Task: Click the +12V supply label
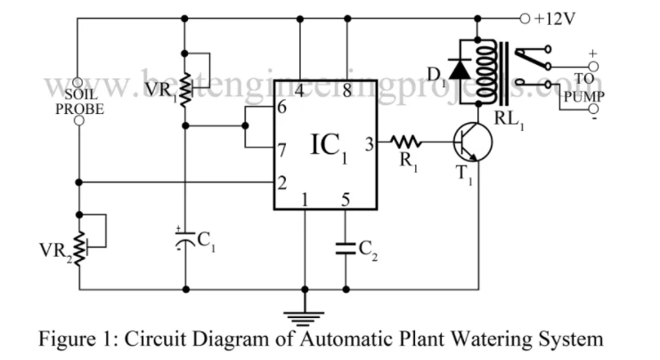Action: (x=558, y=19)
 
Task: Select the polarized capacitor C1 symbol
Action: (x=185, y=239)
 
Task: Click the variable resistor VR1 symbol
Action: (x=185, y=86)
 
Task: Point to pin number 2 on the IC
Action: (x=281, y=184)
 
